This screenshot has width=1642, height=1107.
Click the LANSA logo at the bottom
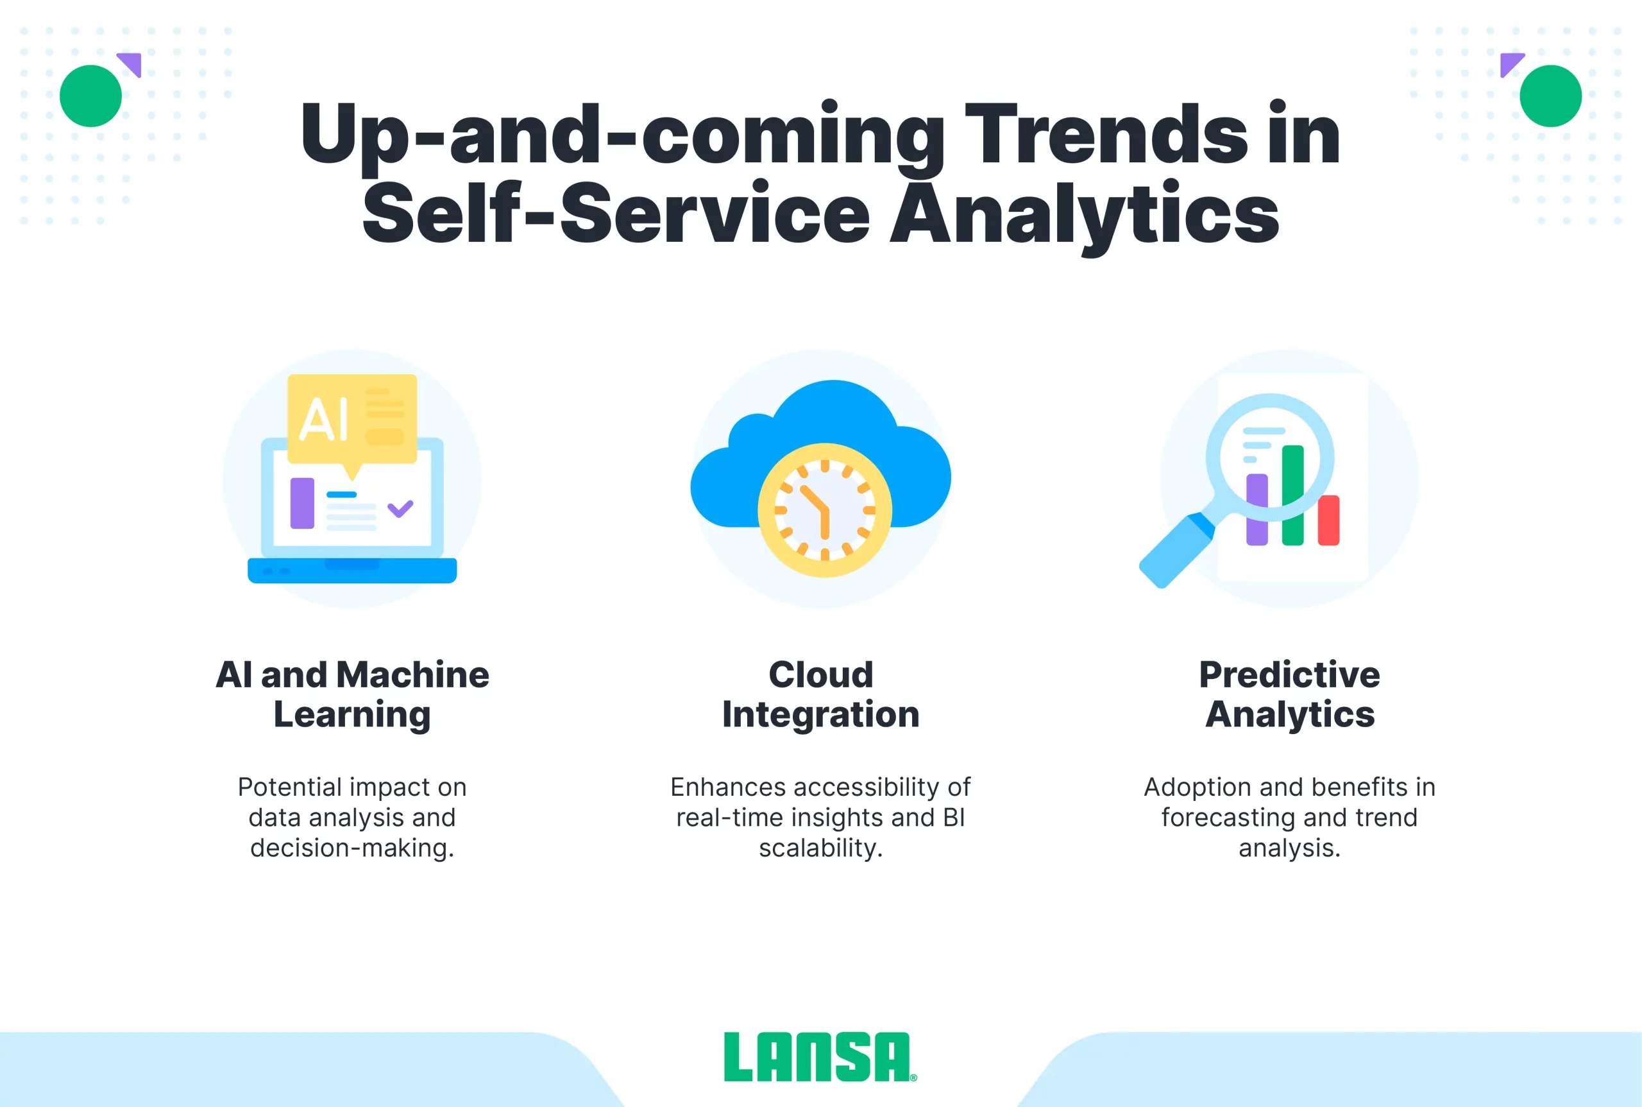820,1057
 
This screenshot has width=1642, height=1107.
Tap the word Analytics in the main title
1085,213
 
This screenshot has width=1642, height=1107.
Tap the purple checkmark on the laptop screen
400,508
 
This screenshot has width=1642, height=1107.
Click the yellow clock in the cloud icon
824,510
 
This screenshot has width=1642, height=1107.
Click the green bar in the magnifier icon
1292,495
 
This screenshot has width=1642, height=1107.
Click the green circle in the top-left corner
90,96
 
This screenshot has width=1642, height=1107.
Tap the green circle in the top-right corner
1550,96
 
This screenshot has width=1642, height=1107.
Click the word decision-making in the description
351,848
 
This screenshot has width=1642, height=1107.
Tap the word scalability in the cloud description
820,848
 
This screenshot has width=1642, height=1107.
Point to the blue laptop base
352,571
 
